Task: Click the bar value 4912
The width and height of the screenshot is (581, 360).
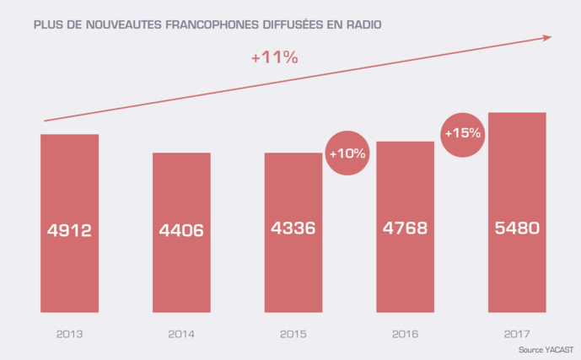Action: click(70, 229)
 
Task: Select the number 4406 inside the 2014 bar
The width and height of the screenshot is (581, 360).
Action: click(181, 229)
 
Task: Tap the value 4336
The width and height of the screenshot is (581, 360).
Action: click(293, 228)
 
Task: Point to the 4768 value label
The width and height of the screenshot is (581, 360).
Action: click(405, 228)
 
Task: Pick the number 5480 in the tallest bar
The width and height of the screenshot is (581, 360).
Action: click(517, 228)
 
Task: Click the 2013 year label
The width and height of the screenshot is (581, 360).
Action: click(70, 335)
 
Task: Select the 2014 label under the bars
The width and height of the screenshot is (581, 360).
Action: click(181, 335)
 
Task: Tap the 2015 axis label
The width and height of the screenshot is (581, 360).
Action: click(293, 335)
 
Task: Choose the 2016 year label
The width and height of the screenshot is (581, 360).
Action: click(405, 335)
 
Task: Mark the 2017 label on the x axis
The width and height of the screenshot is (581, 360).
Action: click(517, 335)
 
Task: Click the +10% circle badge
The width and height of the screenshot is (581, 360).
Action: click(347, 153)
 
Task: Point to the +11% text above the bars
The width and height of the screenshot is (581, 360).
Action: click(275, 58)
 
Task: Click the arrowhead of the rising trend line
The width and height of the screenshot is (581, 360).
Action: click(547, 36)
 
